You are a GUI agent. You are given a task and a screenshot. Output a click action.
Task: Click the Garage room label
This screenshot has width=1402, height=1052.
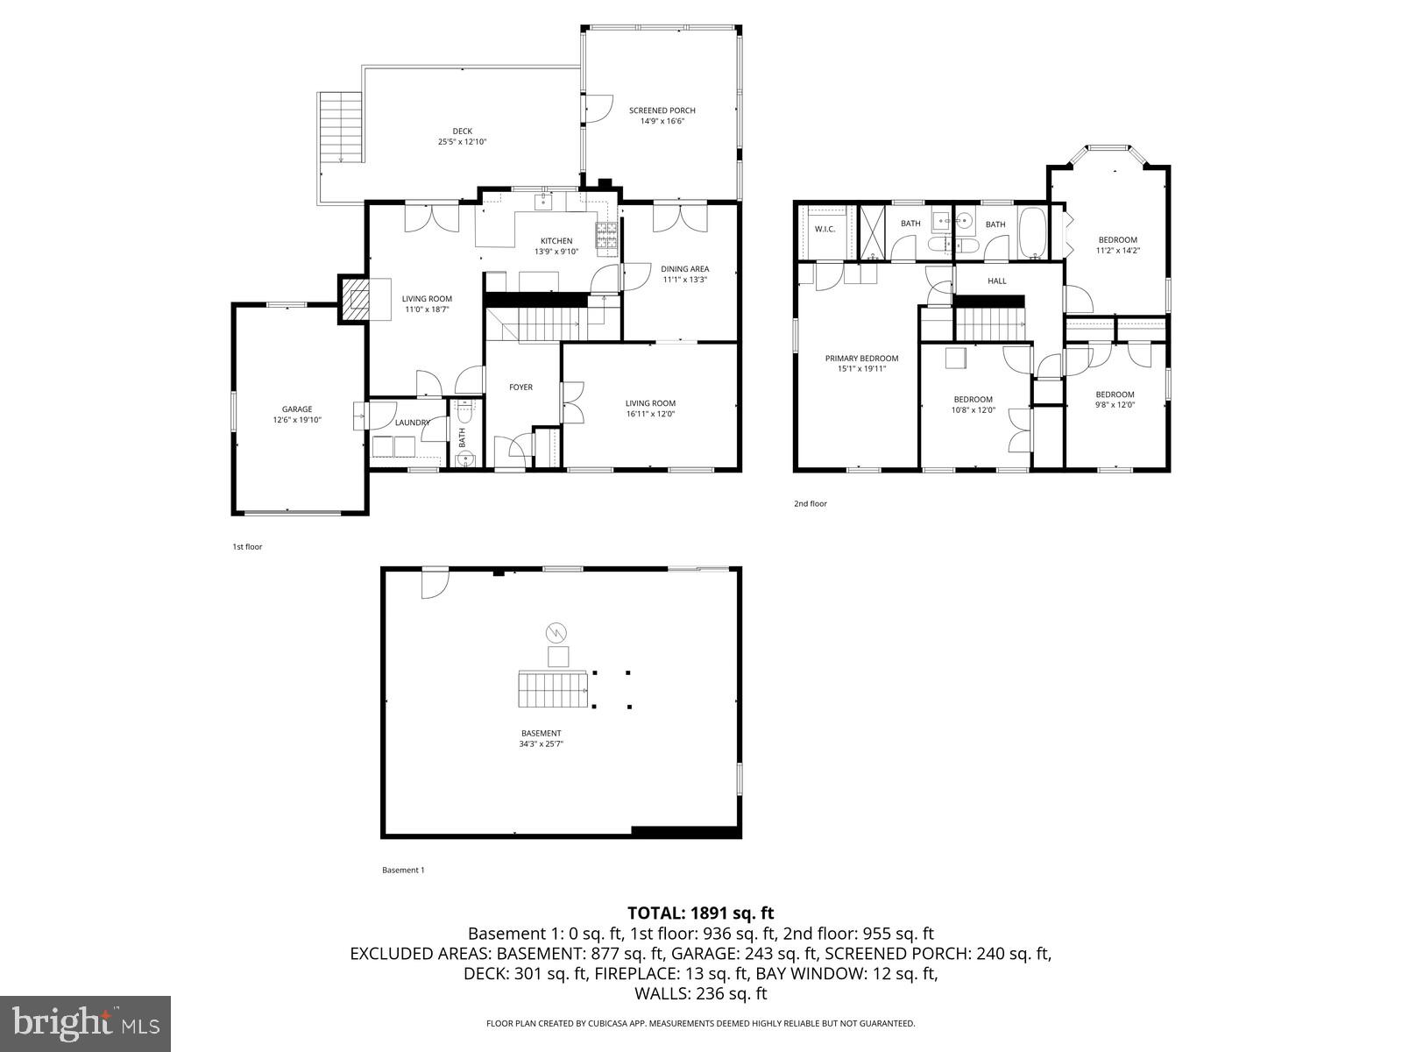click(297, 409)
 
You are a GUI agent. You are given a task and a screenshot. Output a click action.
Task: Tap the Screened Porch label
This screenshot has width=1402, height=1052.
click(662, 110)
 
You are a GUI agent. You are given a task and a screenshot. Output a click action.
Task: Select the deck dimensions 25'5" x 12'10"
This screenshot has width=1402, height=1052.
click(462, 142)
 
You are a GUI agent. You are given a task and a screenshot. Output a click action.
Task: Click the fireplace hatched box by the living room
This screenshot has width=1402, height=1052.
click(355, 300)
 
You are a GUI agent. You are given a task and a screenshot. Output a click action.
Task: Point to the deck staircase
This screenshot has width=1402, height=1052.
click(341, 127)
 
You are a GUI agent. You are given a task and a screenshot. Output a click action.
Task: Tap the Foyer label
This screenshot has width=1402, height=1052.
click(521, 387)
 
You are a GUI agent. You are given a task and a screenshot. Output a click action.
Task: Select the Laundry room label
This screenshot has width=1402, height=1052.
click(412, 423)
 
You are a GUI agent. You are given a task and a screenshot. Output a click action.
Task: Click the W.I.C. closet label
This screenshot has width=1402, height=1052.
click(825, 229)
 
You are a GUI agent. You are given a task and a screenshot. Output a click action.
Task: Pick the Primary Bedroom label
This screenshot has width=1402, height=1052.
click(861, 358)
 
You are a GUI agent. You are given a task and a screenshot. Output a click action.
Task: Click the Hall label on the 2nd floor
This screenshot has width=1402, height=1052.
click(997, 281)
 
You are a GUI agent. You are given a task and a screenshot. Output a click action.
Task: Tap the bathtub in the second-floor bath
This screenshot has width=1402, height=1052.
click(1033, 233)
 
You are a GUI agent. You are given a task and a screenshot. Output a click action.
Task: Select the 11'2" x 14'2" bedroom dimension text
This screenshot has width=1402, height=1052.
click(1117, 251)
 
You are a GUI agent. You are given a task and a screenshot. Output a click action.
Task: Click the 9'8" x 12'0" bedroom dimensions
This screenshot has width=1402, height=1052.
click(1115, 405)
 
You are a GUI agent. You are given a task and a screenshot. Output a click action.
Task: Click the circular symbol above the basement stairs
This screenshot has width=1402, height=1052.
click(556, 632)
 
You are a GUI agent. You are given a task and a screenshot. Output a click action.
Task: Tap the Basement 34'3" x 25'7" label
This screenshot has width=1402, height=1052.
click(540, 739)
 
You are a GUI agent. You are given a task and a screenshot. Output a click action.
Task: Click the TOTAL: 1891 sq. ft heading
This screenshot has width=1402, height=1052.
click(700, 913)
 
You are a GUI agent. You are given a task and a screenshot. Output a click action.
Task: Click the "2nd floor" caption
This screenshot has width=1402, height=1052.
click(810, 504)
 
